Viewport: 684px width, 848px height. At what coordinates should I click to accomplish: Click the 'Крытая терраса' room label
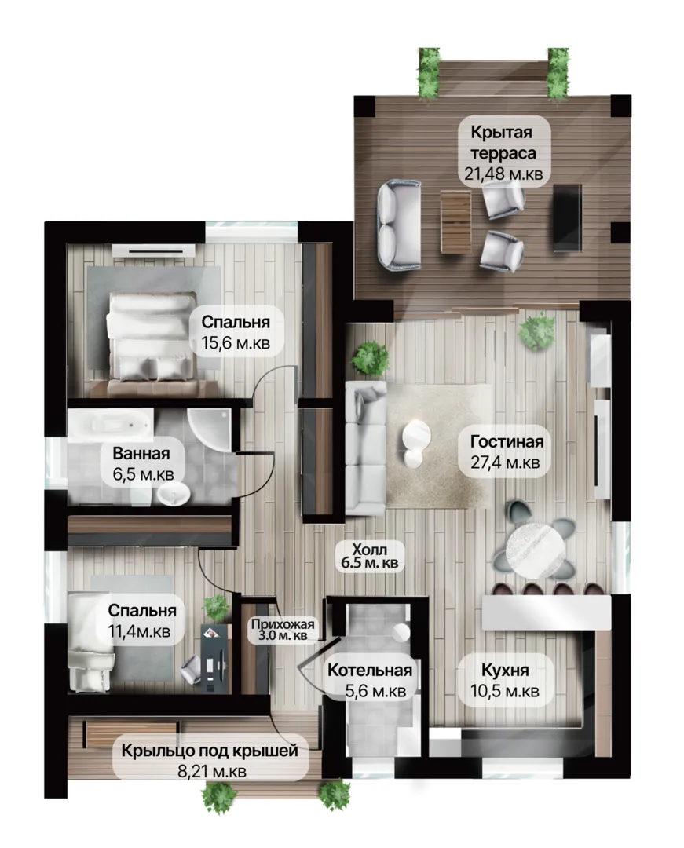pos(503,142)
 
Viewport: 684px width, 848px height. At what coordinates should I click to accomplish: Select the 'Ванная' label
pos(141,453)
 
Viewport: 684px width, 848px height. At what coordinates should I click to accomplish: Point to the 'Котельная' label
pos(370,671)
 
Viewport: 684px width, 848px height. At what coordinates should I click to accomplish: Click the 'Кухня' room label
pos(505,671)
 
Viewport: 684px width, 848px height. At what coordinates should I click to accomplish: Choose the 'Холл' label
pos(369,550)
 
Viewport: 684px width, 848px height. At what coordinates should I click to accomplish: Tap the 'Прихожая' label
pos(282,623)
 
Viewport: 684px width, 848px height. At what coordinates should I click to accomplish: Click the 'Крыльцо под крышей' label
pos(210,751)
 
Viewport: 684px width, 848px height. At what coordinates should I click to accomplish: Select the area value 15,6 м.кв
pos(236,343)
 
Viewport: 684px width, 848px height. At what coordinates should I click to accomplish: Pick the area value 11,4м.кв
pos(140,631)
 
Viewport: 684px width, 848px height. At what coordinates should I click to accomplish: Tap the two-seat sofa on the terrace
pos(398,225)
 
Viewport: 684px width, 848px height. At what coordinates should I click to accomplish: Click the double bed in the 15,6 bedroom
pos(151,342)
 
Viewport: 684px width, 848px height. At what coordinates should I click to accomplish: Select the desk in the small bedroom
pos(216,657)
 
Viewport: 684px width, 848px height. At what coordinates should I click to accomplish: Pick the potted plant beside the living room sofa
pos(370,357)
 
